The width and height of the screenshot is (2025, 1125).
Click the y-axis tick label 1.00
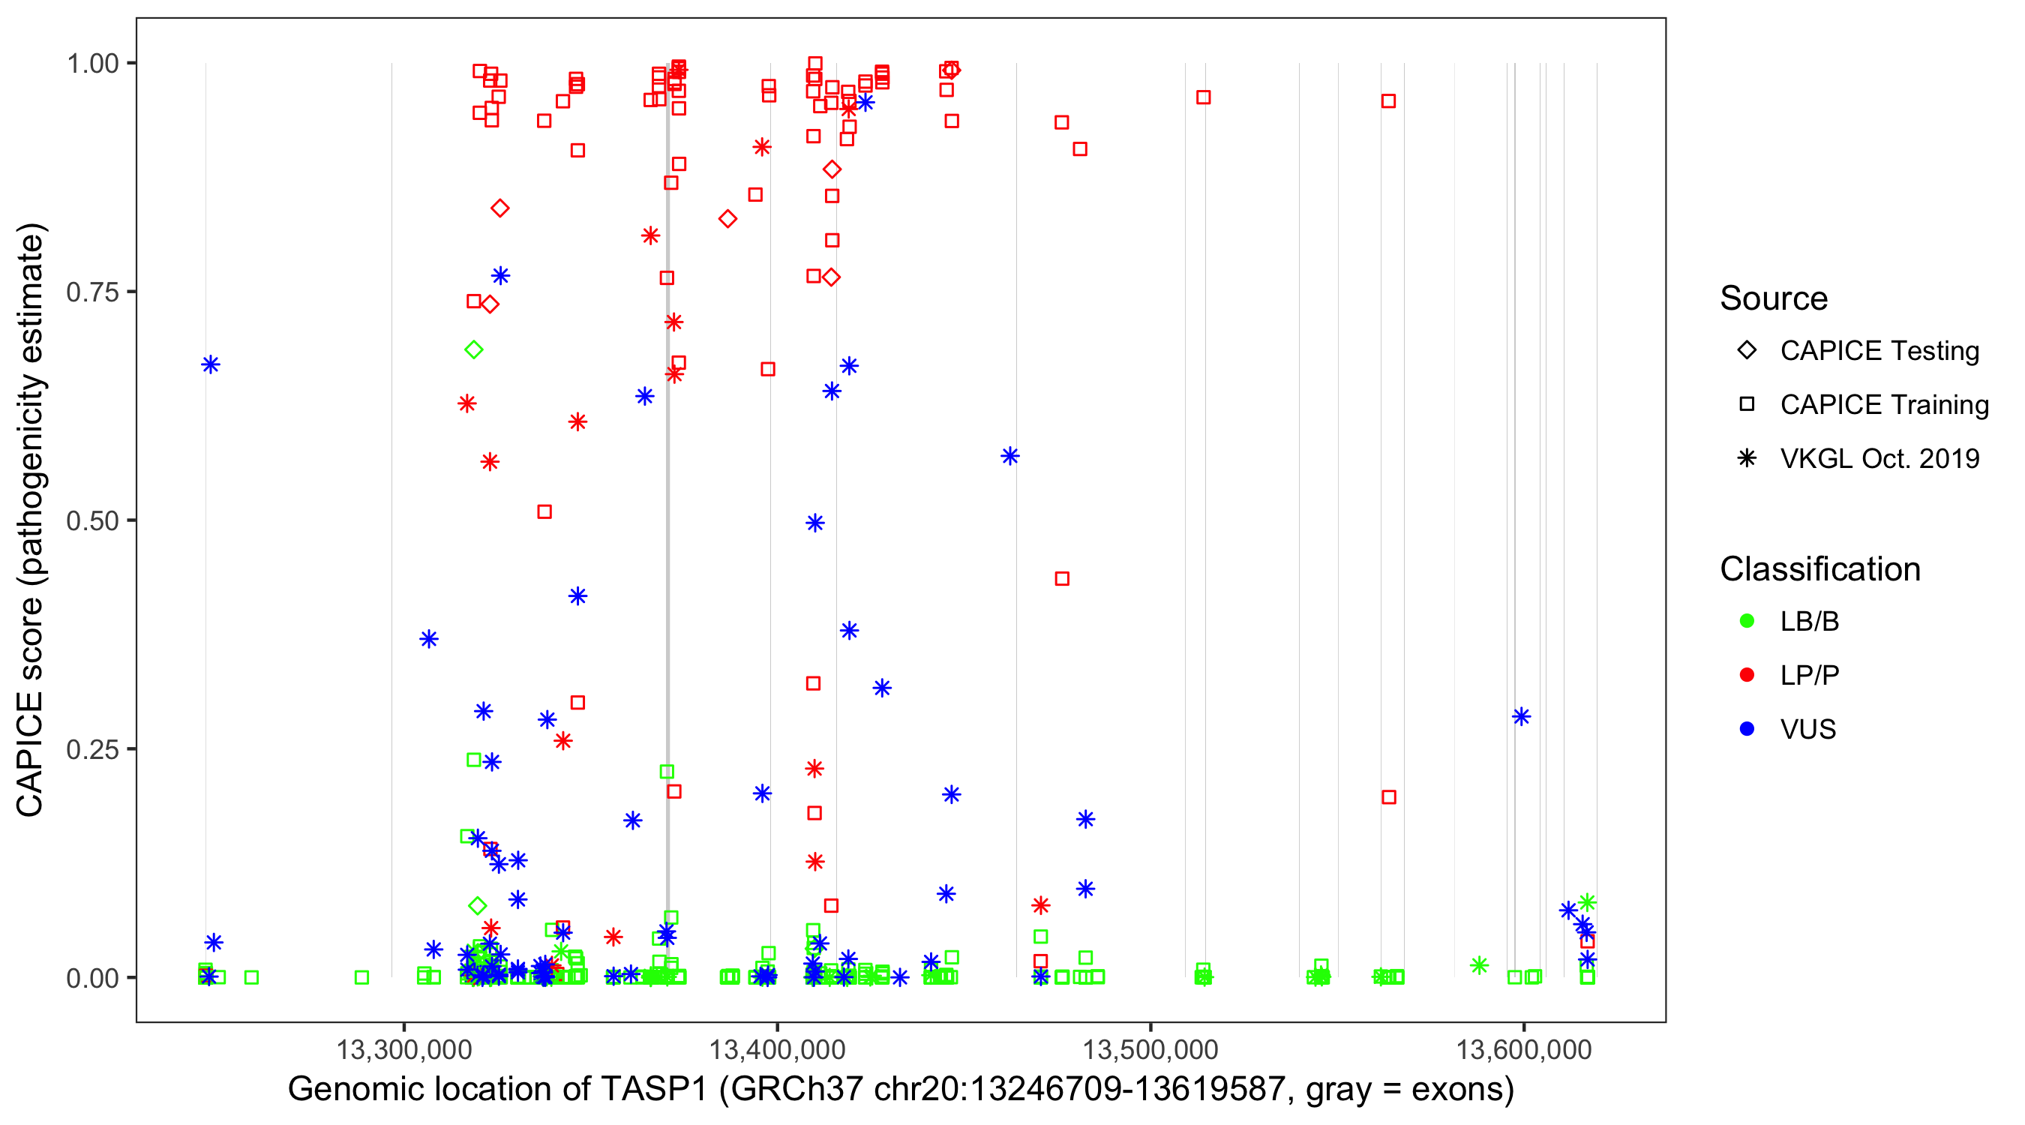click(91, 63)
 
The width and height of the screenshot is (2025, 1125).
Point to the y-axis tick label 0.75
click(91, 292)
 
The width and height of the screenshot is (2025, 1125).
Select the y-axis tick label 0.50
click(91, 520)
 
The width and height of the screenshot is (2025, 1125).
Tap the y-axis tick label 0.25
click(91, 748)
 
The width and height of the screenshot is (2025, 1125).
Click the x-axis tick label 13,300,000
click(404, 1048)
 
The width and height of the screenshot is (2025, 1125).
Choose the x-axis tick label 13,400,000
click(778, 1048)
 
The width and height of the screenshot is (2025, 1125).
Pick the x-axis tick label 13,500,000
click(1150, 1048)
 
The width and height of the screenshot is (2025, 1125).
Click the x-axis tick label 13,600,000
click(1523, 1048)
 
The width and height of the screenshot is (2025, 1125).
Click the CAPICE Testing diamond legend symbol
click(1747, 349)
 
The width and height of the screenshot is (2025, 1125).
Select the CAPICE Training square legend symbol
click(1747, 404)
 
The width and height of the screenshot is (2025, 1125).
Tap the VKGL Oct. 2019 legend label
click(1879, 458)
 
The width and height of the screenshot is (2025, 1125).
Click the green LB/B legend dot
click(1747, 621)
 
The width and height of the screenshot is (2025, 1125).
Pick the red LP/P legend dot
click(1747, 675)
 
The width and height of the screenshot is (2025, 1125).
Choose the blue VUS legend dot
click(1747, 729)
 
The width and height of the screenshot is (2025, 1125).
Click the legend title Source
click(1774, 298)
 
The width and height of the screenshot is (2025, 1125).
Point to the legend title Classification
click(1819, 569)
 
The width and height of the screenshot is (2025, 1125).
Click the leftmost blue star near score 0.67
click(211, 364)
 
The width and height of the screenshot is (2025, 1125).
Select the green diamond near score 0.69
click(473, 349)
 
